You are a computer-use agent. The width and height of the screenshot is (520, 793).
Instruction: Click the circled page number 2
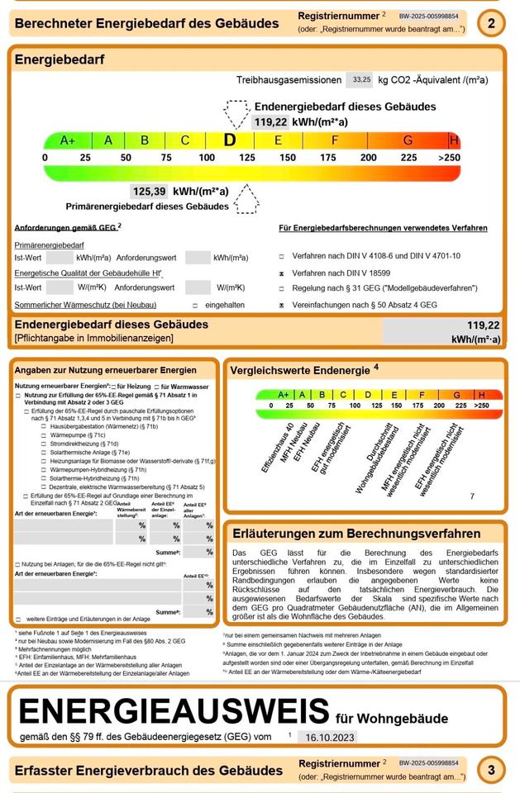(x=492, y=23)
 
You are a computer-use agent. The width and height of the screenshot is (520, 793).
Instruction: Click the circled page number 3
(x=492, y=771)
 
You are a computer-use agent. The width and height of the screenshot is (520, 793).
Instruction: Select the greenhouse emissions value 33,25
(x=360, y=80)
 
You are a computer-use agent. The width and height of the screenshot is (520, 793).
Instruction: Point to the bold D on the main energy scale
(x=229, y=140)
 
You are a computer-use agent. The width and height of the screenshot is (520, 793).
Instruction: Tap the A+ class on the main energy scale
(x=68, y=140)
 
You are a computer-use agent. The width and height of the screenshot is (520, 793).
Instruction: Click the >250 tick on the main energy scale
(x=450, y=157)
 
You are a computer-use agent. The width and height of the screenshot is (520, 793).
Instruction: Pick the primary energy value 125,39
(x=149, y=191)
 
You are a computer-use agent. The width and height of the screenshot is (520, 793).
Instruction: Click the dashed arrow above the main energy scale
(x=236, y=113)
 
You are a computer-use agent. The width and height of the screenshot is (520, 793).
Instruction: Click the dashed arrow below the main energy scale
(x=246, y=197)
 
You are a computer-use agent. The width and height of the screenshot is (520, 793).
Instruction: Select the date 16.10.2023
(x=327, y=736)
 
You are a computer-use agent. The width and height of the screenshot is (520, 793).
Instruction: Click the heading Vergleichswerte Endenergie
(x=300, y=369)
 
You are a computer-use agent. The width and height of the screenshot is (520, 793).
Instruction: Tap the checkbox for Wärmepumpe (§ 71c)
(x=42, y=434)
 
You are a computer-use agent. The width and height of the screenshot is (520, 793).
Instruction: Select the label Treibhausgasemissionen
(x=289, y=80)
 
